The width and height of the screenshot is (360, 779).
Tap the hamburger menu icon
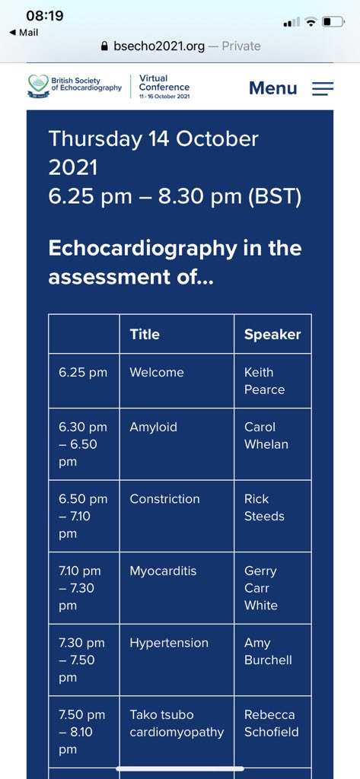(323, 88)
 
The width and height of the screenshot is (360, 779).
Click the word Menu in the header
(272, 88)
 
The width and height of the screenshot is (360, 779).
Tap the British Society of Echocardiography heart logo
(37, 85)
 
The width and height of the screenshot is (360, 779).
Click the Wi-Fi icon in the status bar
(311, 22)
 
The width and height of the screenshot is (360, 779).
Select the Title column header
(145, 334)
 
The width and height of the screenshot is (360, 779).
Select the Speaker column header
(272, 334)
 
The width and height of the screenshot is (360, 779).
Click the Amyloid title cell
(153, 428)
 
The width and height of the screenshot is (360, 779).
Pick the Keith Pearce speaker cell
(264, 380)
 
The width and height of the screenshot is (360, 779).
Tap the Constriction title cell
(164, 499)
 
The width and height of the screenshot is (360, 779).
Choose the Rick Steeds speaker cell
(264, 507)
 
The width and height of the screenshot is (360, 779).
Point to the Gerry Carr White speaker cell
(261, 588)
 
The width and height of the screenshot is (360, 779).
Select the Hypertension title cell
(168, 643)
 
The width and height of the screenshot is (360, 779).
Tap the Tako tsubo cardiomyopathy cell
(177, 723)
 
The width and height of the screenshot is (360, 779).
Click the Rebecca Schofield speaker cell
(271, 723)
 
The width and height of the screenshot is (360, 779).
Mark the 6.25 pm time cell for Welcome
(83, 373)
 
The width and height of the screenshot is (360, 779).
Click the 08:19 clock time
(45, 15)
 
